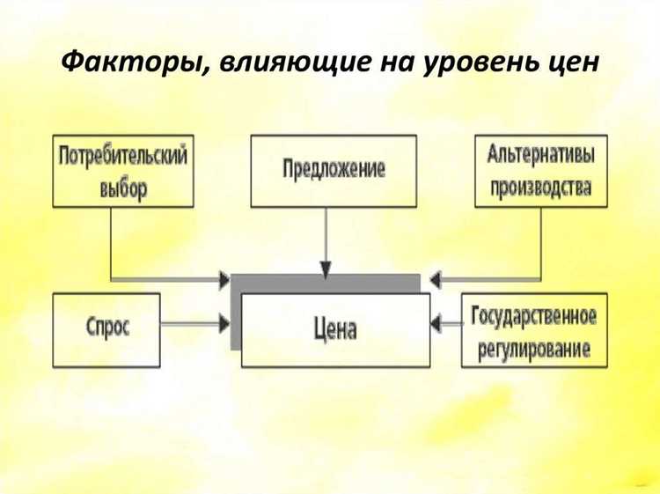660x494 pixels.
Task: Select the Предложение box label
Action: click(x=334, y=169)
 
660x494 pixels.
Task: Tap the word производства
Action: click(x=540, y=187)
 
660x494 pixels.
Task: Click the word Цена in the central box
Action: click(x=335, y=331)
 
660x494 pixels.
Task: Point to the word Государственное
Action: click(x=534, y=315)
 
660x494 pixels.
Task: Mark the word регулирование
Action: click(x=534, y=347)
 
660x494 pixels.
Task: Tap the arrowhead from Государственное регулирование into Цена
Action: click(x=436, y=324)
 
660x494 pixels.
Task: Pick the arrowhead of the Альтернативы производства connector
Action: click(x=436, y=279)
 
